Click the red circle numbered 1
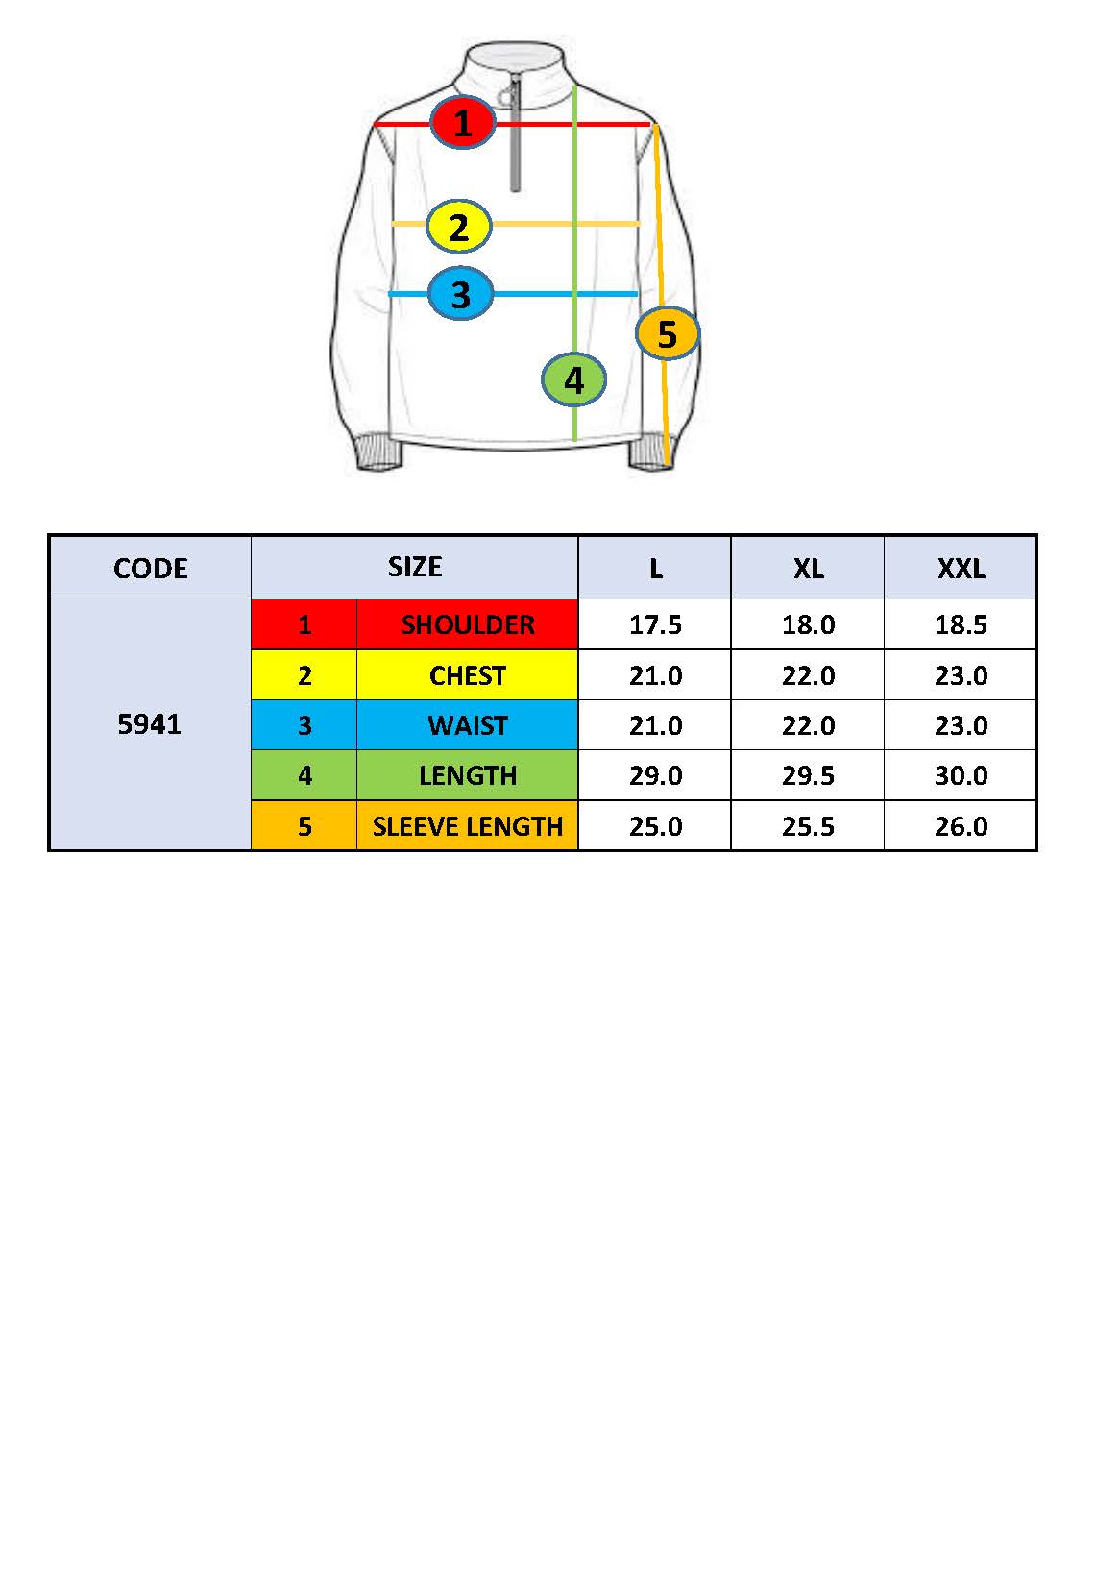point(462,122)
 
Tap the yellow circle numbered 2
point(459,227)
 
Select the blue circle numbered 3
point(460,293)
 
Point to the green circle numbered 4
point(573,379)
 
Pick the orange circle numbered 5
point(667,333)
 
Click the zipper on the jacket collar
point(515,134)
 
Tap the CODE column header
point(150,568)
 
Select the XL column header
point(808,568)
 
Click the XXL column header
point(961,568)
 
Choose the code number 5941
point(150,724)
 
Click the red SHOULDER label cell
point(468,624)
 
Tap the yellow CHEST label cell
point(468,675)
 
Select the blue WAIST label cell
point(468,725)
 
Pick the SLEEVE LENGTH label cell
point(468,826)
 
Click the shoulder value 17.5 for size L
point(655,624)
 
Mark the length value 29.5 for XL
point(808,775)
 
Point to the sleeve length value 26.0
point(961,826)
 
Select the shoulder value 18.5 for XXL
point(961,624)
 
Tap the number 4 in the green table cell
point(304,775)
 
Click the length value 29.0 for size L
point(655,775)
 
